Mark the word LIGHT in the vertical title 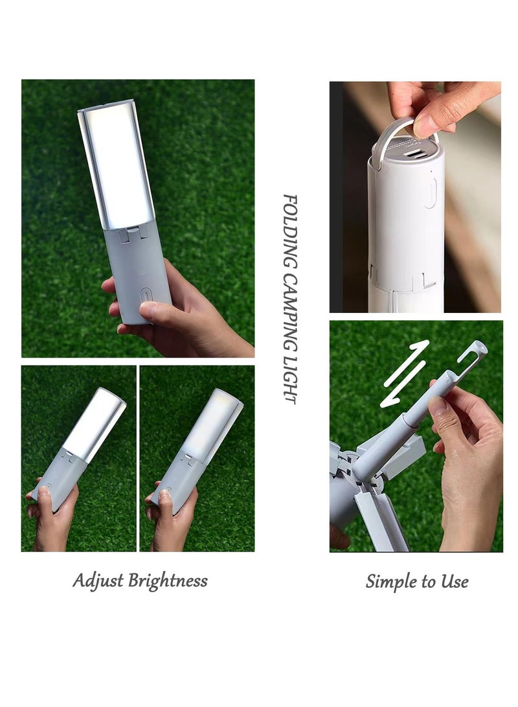pos(291,379)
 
